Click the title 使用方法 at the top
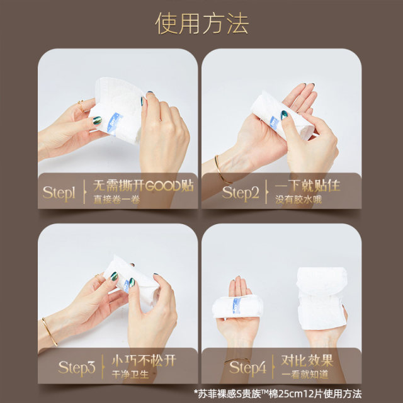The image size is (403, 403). (x=202, y=23)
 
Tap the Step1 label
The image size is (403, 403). (x=59, y=193)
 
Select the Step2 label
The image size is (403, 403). (x=241, y=193)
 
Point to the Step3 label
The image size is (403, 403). (x=77, y=368)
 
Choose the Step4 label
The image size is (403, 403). (x=247, y=368)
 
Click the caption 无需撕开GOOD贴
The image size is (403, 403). (x=144, y=186)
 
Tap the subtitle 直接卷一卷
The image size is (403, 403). (x=116, y=200)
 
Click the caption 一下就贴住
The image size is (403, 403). (x=307, y=186)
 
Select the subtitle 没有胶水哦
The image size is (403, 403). (x=298, y=200)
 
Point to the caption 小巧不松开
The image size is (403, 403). (x=144, y=361)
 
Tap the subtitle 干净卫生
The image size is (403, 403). (x=130, y=375)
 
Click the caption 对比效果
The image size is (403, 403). (x=307, y=361)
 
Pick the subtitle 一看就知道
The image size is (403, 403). (x=305, y=375)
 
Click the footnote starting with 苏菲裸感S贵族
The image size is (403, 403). (x=278, y=394)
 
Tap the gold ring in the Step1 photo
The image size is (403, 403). (x=81, y=106)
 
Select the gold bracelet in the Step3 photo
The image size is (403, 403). (x=50, y=332)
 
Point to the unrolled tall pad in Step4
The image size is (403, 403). (x=322, y=298)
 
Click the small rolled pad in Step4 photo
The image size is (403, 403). (x=237, y=307)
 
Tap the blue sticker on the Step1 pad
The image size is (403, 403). (x=115, y=123)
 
